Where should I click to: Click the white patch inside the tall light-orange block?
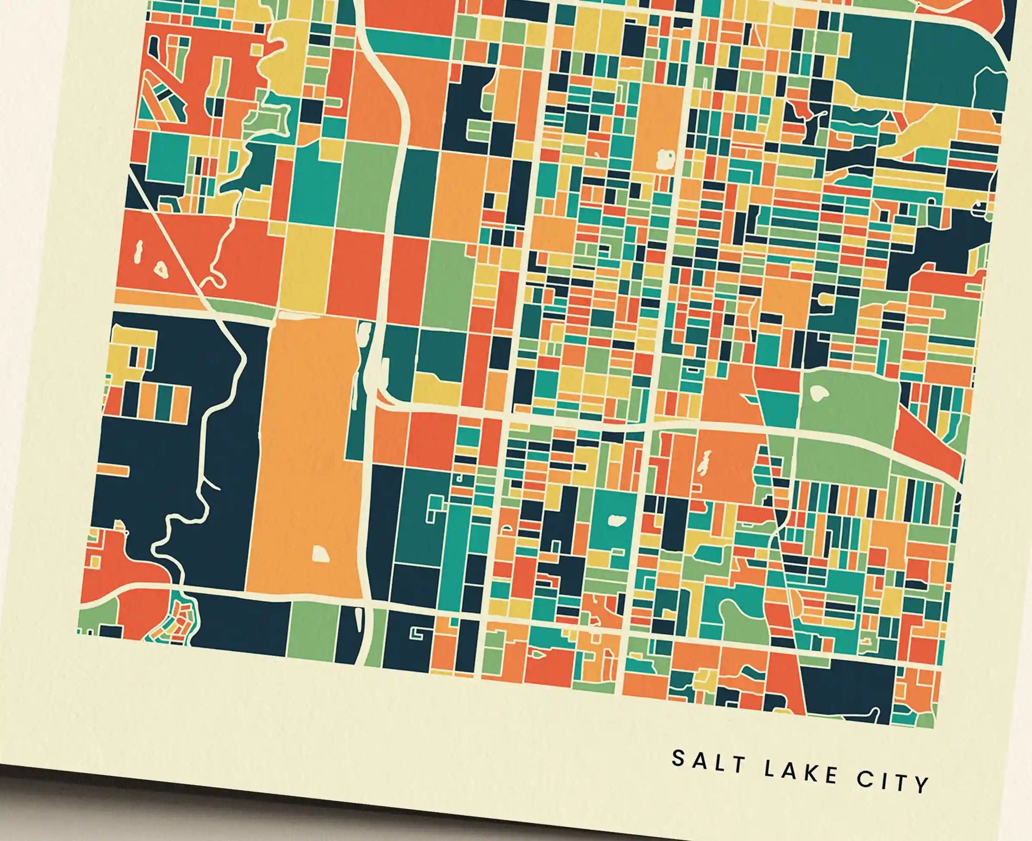point(320,555)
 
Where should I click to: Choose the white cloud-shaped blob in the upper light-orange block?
point(664,158)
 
